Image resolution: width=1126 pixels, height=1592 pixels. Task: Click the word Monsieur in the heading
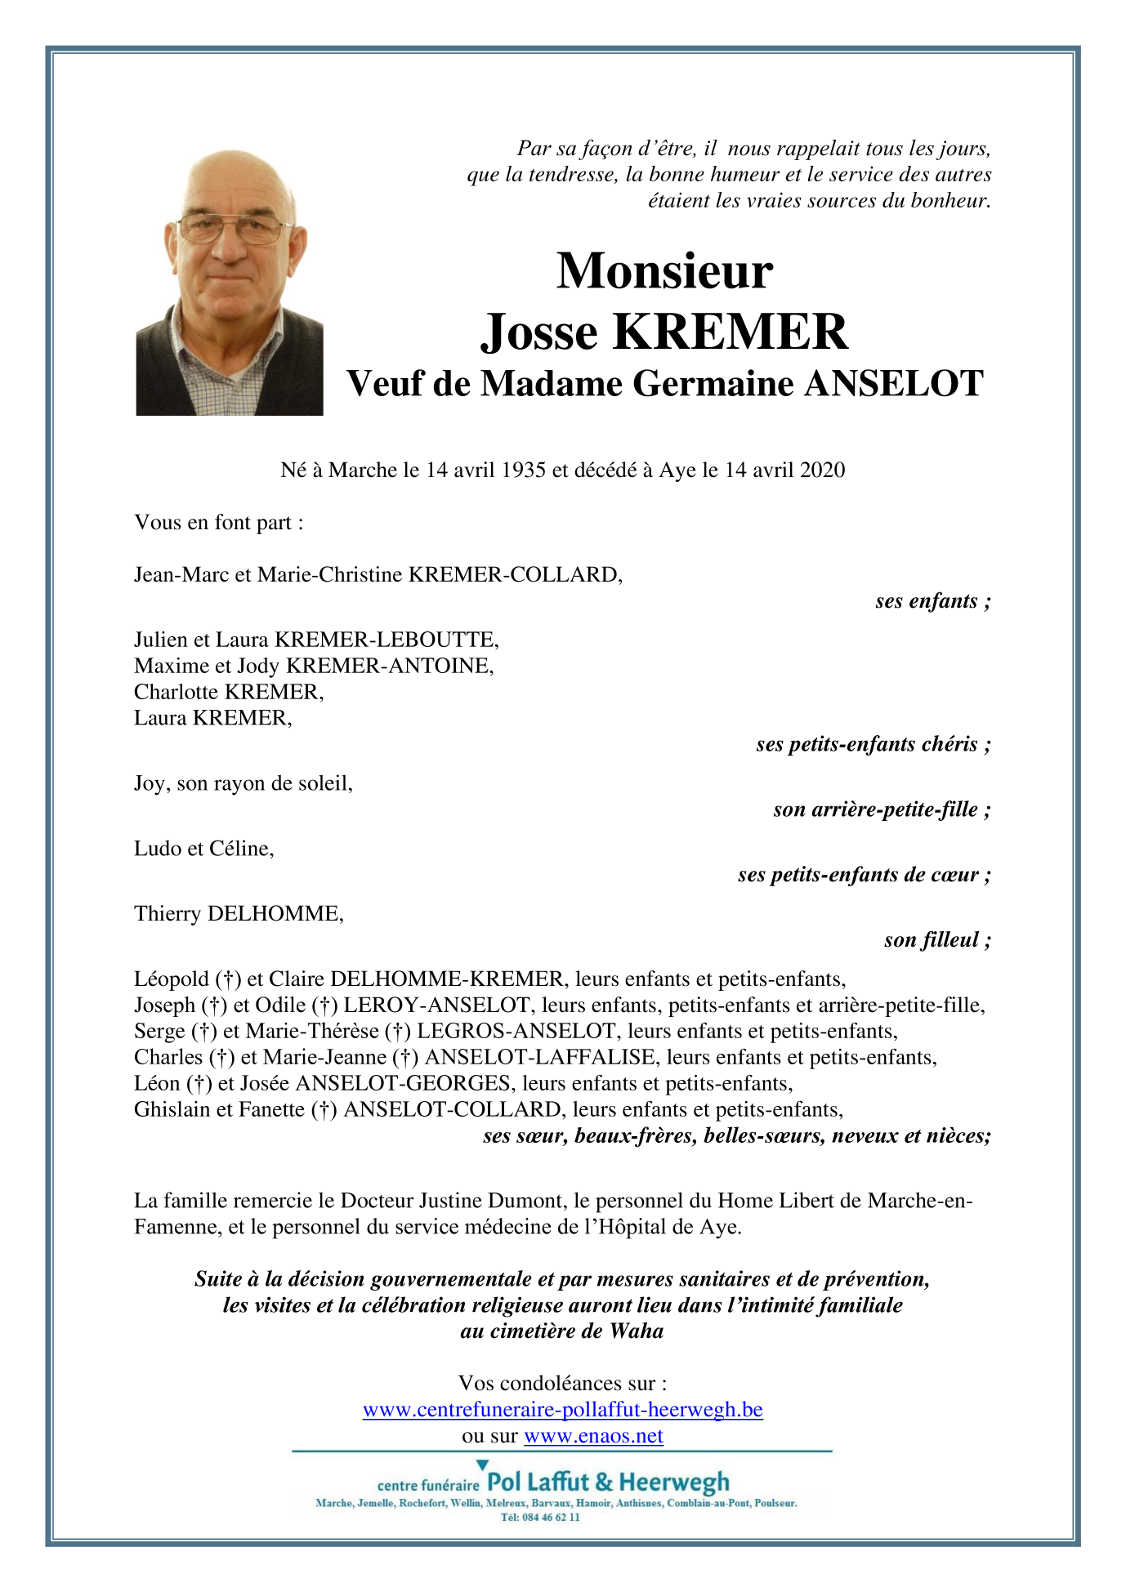[x=664, y=271]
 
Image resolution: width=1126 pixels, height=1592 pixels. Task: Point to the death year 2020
[x=822, y=470]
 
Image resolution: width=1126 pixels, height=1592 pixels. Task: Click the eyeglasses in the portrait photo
[x=234, y=228]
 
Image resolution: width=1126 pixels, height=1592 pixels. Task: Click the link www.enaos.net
[x=593, y=1436]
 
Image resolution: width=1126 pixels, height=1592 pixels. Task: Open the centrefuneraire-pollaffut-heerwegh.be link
[x=562, y=1410]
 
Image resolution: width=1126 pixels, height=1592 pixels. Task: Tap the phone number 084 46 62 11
[x=550, y=1517]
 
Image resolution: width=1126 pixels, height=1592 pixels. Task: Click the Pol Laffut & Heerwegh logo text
[x=608, y=1482]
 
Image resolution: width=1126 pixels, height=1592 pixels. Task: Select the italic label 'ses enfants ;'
[x=932, y=601]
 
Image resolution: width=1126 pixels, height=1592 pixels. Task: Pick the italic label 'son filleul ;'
[x=937, y=940]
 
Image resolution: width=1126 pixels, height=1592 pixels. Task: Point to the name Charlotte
[x=176, y=693]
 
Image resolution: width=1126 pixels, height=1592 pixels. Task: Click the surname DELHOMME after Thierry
[x=275, y=914]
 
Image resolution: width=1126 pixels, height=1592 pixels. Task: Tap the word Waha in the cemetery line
[x=637, y=1331]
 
